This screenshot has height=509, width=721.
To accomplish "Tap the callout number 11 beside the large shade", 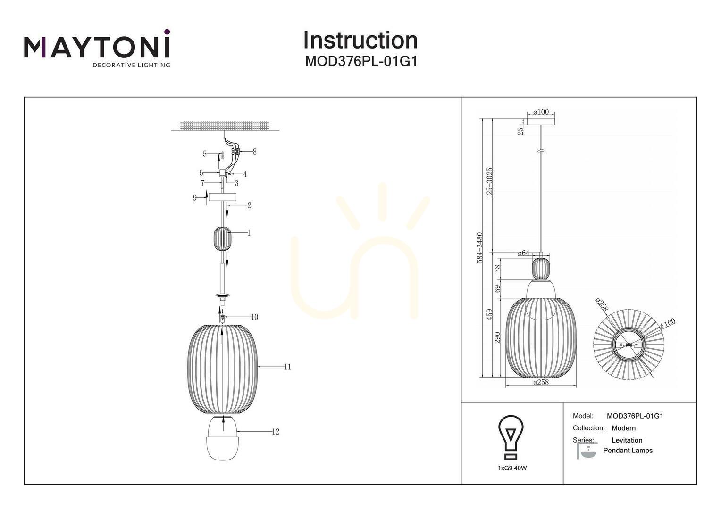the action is (x=287, y=367).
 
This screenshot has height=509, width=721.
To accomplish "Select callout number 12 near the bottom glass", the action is (x=276, y=432).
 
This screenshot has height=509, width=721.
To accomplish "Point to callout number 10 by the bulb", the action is (x=254, y=317).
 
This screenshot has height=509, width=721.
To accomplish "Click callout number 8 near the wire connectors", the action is (x=255, y=151).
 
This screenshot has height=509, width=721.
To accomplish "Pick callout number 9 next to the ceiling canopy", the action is (x=195, y=197).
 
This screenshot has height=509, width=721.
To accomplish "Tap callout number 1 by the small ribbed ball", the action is (x=249, y=232).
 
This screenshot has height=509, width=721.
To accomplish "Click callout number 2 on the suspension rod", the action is (x=249, y=205).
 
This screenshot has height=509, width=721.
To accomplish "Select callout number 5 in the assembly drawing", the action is (x=205, y=154).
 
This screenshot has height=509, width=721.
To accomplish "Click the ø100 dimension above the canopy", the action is (x=541, y=112).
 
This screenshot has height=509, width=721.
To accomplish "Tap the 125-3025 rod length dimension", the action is (x=490, y=183).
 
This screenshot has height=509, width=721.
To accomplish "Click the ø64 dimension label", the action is (x=523, y=253).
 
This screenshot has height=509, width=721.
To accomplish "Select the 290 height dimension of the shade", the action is (x=498, y=337).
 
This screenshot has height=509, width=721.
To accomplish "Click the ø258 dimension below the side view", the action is (x=541, y=382).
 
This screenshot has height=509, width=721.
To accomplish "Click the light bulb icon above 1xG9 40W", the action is (x=511, y=437).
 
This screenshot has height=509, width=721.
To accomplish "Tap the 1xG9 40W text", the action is (x=512, y=468).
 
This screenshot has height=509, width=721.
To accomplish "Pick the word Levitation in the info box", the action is (x=627, y=440).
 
